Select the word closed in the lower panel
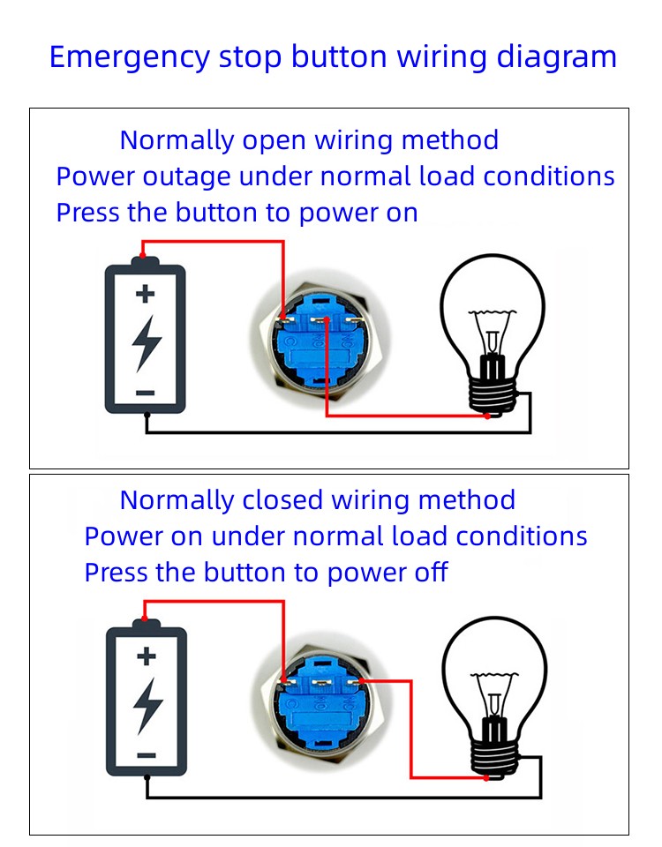pyautogui.click(x=281, y=500)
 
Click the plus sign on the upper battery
pyautogui.click(x=146, y=295)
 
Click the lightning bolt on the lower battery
pyautogui.click(x=147, y=704)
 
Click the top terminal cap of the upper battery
pyautogui.click(x=146, y=262)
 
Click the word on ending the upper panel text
pyautogui.click(x=401, y=213)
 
